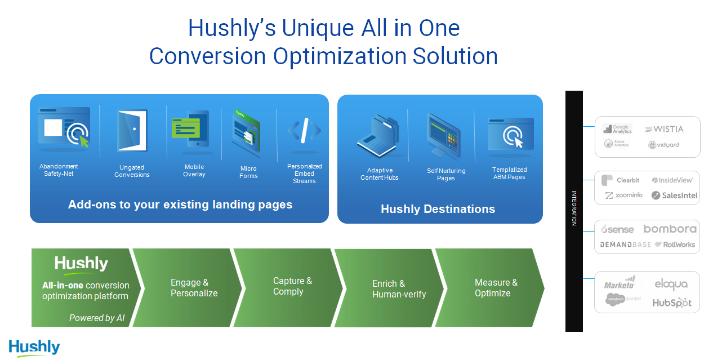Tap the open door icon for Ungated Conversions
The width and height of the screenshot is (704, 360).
click(132, 130)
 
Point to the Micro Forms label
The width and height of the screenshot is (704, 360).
click(248, 172)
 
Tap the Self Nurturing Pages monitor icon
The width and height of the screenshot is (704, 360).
click(444, 136)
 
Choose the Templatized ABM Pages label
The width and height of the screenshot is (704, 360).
click(509, 173)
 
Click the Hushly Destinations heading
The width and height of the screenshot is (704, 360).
click(438, 209)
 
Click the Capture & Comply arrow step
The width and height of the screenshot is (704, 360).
click(292, 286)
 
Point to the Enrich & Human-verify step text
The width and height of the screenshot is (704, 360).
click(399, 289)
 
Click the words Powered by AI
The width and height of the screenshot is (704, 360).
click(97, 318)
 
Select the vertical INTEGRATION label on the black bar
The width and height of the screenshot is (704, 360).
click(574, 209)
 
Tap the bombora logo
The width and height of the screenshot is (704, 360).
click(670, 229)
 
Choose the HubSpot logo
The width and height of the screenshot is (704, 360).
click(671, 303)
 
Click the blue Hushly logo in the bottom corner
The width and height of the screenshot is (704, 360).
click(34, 346)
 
